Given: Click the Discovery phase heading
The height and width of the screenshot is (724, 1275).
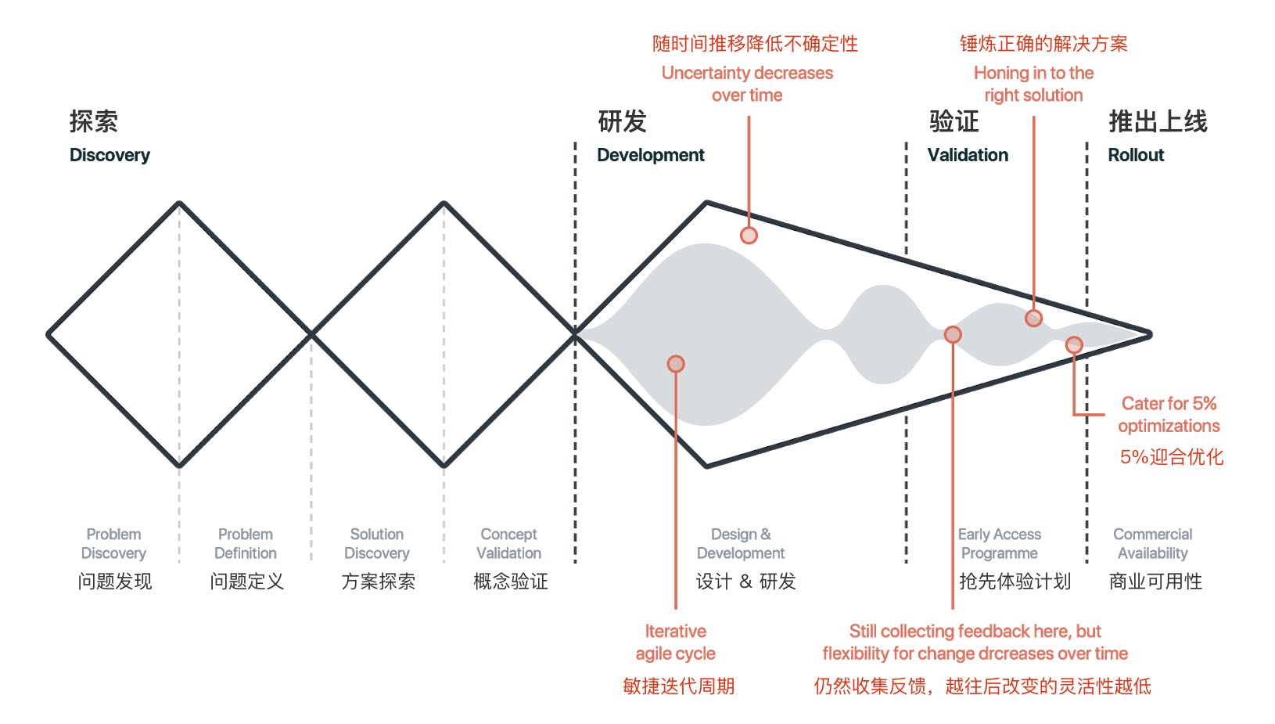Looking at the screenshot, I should tap(110, 155).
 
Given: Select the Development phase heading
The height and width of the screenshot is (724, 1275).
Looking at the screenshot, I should tap(650, 155).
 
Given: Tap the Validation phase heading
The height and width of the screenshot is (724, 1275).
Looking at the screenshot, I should tap(968, 155).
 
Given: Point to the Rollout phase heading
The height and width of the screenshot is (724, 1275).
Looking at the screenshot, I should tap(1136, 155).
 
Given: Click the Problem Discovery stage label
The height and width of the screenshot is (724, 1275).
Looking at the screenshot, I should tap(113, 543).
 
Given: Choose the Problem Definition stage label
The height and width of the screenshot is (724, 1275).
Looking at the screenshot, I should tap(246, 543).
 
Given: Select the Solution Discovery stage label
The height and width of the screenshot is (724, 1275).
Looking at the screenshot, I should tap(377, 543).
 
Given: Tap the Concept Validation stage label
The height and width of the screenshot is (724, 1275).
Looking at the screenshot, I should tap(508, 543).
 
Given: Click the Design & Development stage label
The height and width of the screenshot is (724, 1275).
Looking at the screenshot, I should tap(741, 543).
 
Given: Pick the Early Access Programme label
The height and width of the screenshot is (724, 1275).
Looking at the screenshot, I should tap(1000, 543).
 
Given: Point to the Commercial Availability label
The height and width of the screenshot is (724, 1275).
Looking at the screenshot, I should tap(1152, 543).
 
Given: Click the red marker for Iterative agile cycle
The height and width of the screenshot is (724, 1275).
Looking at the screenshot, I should tap(676, 363).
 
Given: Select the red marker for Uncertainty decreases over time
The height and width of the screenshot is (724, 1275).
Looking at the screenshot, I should tap(749, 235).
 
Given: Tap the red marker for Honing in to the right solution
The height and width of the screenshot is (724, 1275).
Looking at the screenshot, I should tap(1033, 318).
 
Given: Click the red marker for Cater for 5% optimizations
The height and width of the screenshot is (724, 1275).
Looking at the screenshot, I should tap(1074, 344).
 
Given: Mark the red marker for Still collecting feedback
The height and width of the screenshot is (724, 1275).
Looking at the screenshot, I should tap(952, 334).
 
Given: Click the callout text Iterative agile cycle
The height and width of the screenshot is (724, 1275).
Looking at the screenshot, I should tap(675, 642).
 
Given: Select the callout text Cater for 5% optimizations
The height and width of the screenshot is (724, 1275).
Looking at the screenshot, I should tap(1169, 414).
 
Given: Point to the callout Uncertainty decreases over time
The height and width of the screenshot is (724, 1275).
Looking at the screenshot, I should tap(747, 84).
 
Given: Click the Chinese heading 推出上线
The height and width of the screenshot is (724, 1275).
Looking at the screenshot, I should tap(1158, 121).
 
